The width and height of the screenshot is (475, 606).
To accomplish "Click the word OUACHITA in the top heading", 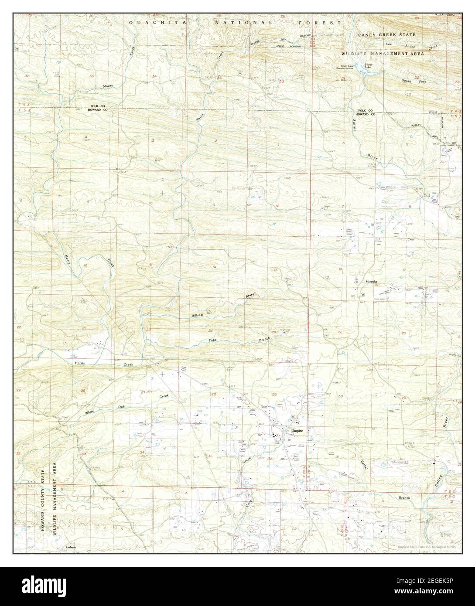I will [150, 21].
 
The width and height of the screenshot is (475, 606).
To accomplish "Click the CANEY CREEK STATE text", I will [386, 34].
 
